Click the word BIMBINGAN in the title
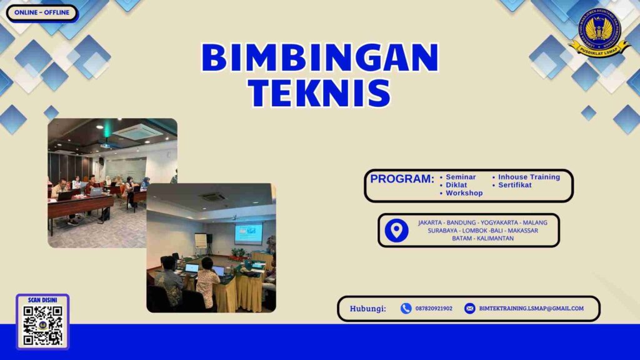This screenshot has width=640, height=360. [x=319, y=59]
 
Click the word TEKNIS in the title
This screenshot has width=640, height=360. [x=319, y=92]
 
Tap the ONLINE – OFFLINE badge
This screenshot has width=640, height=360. [x=41, y=12]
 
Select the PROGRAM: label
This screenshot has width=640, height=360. [x=402, y=179]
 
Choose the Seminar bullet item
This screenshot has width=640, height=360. [x=461, y=177]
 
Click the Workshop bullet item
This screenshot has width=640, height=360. [x=464, y=193]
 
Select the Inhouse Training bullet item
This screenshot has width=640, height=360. [x=529, y=177]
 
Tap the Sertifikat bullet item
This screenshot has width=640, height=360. [x=515, y=185]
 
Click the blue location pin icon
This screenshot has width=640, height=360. [x=396, y=231]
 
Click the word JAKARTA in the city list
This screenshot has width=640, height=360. [x=431, y=222]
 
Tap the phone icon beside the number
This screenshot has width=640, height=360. [x=406, y=308]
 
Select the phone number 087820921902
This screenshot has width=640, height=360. [x=434, y=308]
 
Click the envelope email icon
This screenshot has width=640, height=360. [x=470, y=308]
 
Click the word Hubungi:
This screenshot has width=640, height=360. [x=367, y=308]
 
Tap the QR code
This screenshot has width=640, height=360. [x=42, y=325]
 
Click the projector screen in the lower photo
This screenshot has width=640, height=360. [x=248, y=233]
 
